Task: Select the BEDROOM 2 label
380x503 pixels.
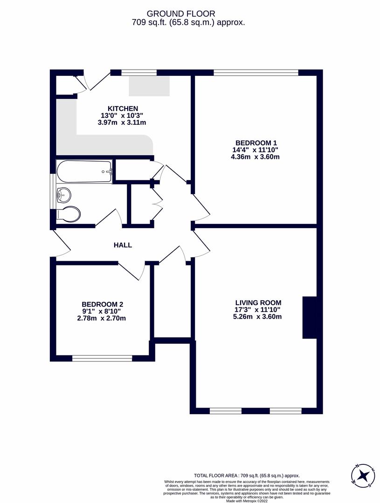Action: [x=102, y=304]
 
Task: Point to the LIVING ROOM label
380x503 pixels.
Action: [x=258, y=303]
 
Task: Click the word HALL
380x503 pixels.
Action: [x=123, y=245]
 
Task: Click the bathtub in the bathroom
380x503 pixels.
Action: [x=84, y=171]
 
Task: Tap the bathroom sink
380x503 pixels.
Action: [x=63, y=195]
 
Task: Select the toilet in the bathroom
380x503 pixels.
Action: [x=69, y=214]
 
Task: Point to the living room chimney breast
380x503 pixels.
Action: [x=310, y=317]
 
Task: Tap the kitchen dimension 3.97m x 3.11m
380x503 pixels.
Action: [x=122, y=122]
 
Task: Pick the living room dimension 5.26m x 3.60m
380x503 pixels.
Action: [x=258, y=317]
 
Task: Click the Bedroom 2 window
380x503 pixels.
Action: [x=102, y=358]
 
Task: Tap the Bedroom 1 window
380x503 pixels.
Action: [x=256, y=72]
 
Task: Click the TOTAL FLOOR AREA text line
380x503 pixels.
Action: [x=247, y=476]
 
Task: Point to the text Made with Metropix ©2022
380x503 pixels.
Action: [x=247, y=501]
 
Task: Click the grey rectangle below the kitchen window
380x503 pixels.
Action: [x=149, y=85]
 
